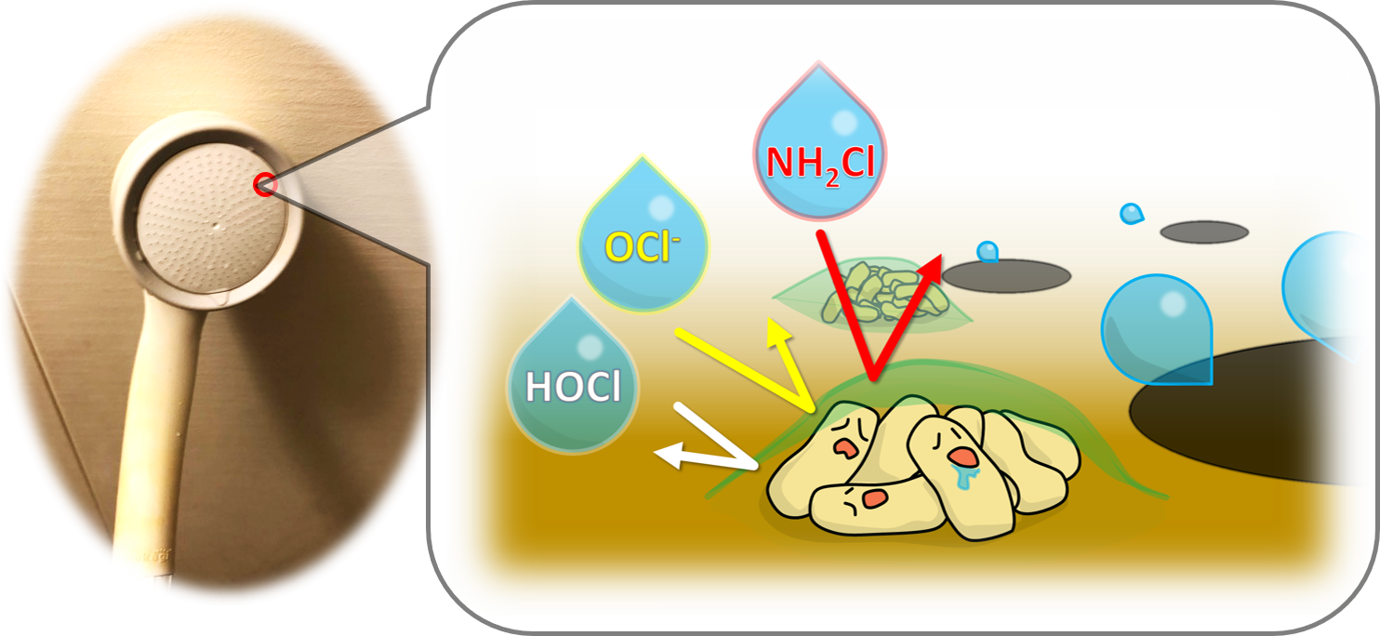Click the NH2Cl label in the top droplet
pos(819,164)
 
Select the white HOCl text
pos(573,387)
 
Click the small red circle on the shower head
pos(263,185)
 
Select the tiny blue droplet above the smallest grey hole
pos(1131,214)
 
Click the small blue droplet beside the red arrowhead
pos(988,251)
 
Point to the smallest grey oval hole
pos(1203,232)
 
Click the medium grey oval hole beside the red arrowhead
pos(1006,273)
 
